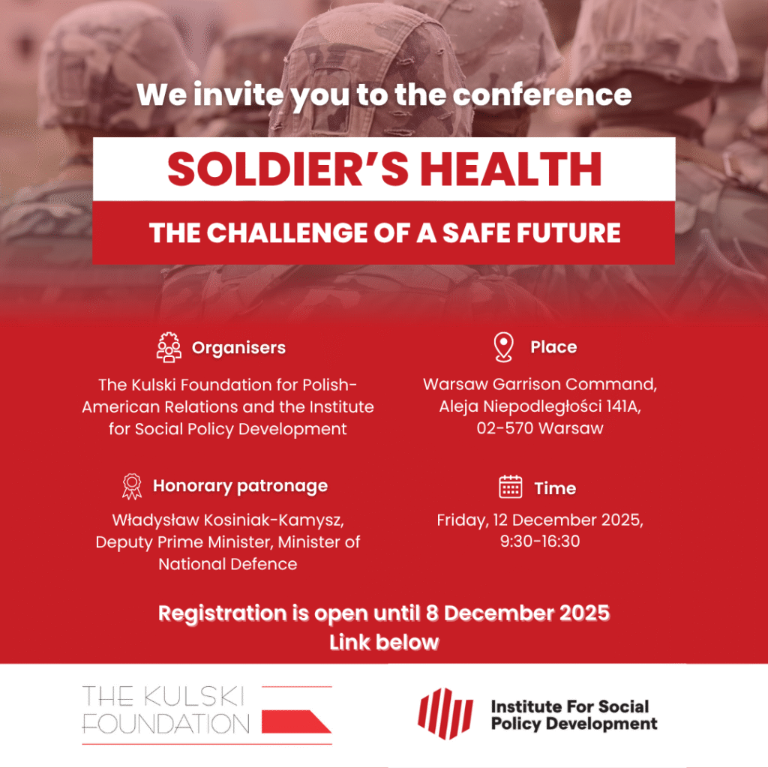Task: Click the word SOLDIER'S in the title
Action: click(x=288, y=169)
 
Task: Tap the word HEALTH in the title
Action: click(x=511, y=169)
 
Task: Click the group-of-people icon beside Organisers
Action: click(x=169, y=347)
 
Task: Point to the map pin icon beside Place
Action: click(x=503, y=346)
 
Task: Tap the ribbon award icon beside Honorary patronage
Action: click(x=132, y=486)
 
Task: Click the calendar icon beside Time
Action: click(x=510, y=487)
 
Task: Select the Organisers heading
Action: click(x=238, y=348)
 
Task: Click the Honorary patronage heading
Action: click(x=241, y=486)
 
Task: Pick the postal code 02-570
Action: click(x=505, y=428)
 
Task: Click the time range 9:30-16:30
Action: click(x=540, y=541)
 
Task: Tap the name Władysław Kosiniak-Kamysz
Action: click(x=228, y=520)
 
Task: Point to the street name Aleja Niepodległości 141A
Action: click(x=540, y=406)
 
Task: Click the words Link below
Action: click(x=384, y=642)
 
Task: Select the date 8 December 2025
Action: click(x=517, y=613)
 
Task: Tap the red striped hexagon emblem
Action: click(x=445, y=713)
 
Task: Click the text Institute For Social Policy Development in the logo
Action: click(x=574, y=715)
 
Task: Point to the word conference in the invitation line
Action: click(x=542, y=94)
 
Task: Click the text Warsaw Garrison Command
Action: click(x=540, y=385)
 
